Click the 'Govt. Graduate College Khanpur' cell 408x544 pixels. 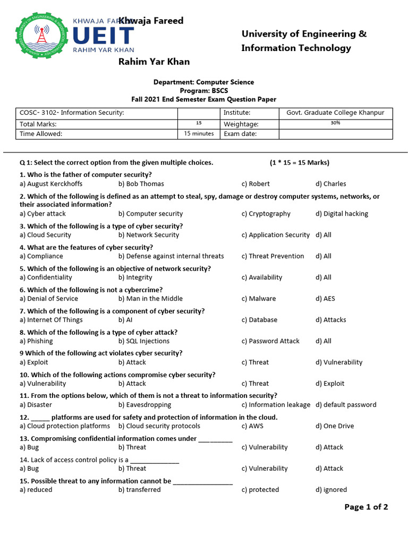pyautogui.click(x=335, y=113)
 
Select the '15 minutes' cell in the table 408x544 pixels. pyautogui.click(x=199, y=134)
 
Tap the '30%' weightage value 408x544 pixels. pyautogui.click(x=335, y=123)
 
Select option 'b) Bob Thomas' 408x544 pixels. pyautogui.click(x=141, y=184)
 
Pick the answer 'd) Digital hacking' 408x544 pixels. pyautogui.click(x=342, y=214)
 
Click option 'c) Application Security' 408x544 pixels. pyautogui.click(x=275, y=235)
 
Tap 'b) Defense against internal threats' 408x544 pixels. pyautogui.click(x=171, y=256)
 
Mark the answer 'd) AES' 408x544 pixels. pyautogui.click(x=325, y=299)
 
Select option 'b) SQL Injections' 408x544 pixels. pyautogui.click(x=144, y=341)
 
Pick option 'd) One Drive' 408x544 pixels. pyautogui.click(x=334, y=426)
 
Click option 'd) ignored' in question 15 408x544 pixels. pyautogui.click(x=331, y=490)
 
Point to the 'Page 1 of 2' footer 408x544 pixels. pyautogui.click(x=366, y=507)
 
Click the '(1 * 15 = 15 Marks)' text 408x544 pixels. pyautogui.click(x=299, y=163)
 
